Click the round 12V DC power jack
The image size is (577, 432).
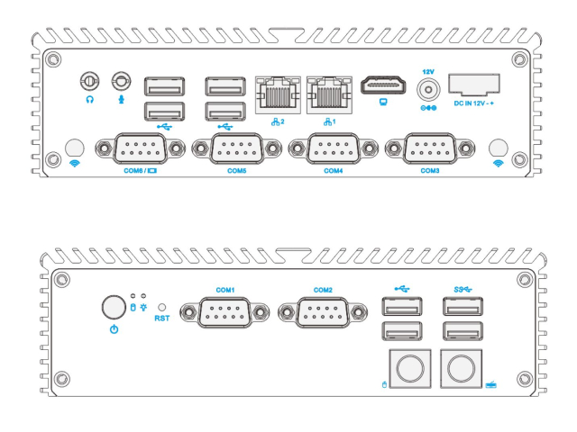pos(429,91)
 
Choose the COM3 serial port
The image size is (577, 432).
pos(429,148)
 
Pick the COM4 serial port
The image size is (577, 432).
pos(334,148)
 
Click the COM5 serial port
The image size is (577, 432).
pos(237,148)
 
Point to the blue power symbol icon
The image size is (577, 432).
pos(114,330)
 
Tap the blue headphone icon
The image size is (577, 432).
pos(89,102)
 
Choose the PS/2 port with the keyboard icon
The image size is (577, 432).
pos(463,369)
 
